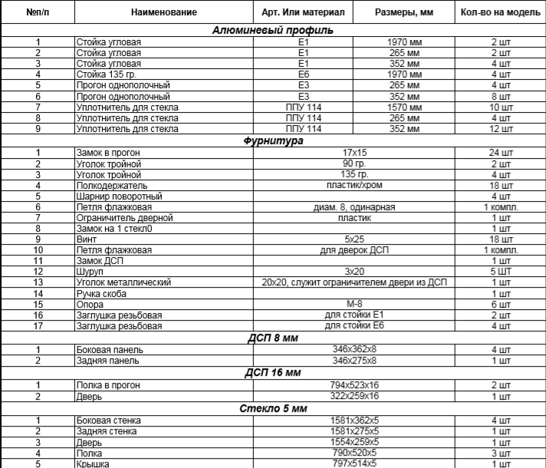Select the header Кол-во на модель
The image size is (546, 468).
501,13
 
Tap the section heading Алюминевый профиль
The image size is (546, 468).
272,31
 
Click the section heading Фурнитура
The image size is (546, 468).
272,141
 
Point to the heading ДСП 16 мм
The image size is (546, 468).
272,372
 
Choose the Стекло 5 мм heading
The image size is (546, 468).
272,407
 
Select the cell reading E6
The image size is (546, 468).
303,74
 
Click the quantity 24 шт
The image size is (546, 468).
500,153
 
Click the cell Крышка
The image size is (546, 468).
92,463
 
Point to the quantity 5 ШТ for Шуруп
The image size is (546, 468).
500,272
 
